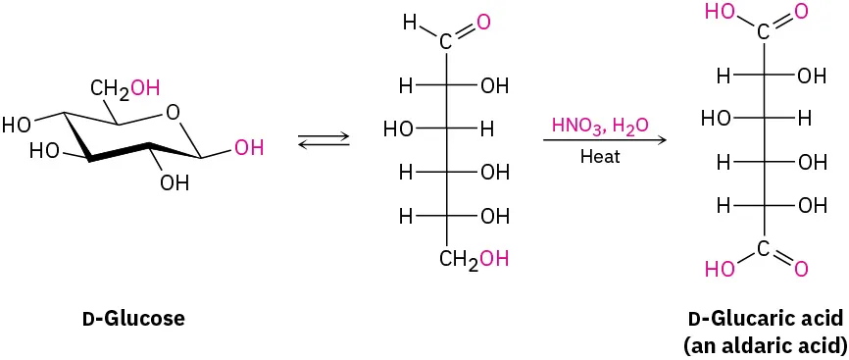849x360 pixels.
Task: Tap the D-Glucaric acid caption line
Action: tap(767, 320)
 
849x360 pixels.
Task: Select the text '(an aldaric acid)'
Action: tap(766, 344)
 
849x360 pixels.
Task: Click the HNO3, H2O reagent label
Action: tap(599, 126)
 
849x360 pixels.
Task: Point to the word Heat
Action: tap(600, 156)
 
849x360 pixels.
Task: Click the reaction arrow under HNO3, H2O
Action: tap(604, 140)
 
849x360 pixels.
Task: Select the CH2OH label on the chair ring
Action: tap(125, 89)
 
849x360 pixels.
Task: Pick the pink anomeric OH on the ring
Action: tap(249, 149)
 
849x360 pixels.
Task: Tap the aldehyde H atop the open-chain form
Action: tap(411, 20)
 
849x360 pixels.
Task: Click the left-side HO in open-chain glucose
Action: tap(396, 129)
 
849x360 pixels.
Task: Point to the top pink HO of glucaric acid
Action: tap(720, 12)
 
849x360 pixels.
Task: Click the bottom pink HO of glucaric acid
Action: tap(720, 268)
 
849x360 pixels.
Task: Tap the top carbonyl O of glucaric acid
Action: tap(802, 12)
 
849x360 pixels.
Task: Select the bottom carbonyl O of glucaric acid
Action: tap(802, 268)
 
